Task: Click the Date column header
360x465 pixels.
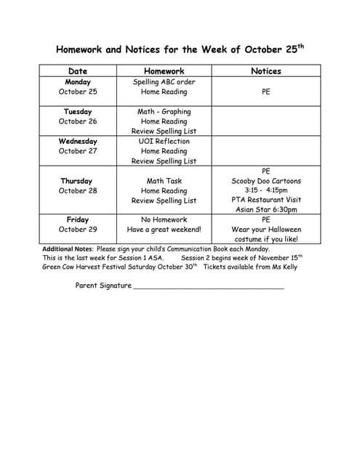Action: [78, 71]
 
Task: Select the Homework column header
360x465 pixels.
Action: [164, 71]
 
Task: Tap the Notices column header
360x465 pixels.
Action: [265, 71]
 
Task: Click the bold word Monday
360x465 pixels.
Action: [78, 82]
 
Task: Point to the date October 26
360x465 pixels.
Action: [78, 121]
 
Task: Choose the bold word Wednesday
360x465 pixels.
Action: [78, 141]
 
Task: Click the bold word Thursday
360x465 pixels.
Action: [77, 181]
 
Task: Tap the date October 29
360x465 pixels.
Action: [78, 230]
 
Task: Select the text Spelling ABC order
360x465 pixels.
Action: [164, 82]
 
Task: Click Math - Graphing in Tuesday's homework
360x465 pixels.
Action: [164, 112]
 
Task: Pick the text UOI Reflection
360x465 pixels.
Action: [164, 141]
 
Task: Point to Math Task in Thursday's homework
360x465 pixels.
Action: [164, 181]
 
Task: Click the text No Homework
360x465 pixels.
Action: [164, 219]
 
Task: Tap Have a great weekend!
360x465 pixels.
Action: [164, 230]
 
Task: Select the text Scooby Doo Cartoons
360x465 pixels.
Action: [265, 181]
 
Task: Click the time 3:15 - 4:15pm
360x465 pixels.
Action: [265, 190]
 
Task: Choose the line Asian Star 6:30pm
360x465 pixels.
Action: [265, 210]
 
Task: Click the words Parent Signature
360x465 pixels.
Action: [103, 286]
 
